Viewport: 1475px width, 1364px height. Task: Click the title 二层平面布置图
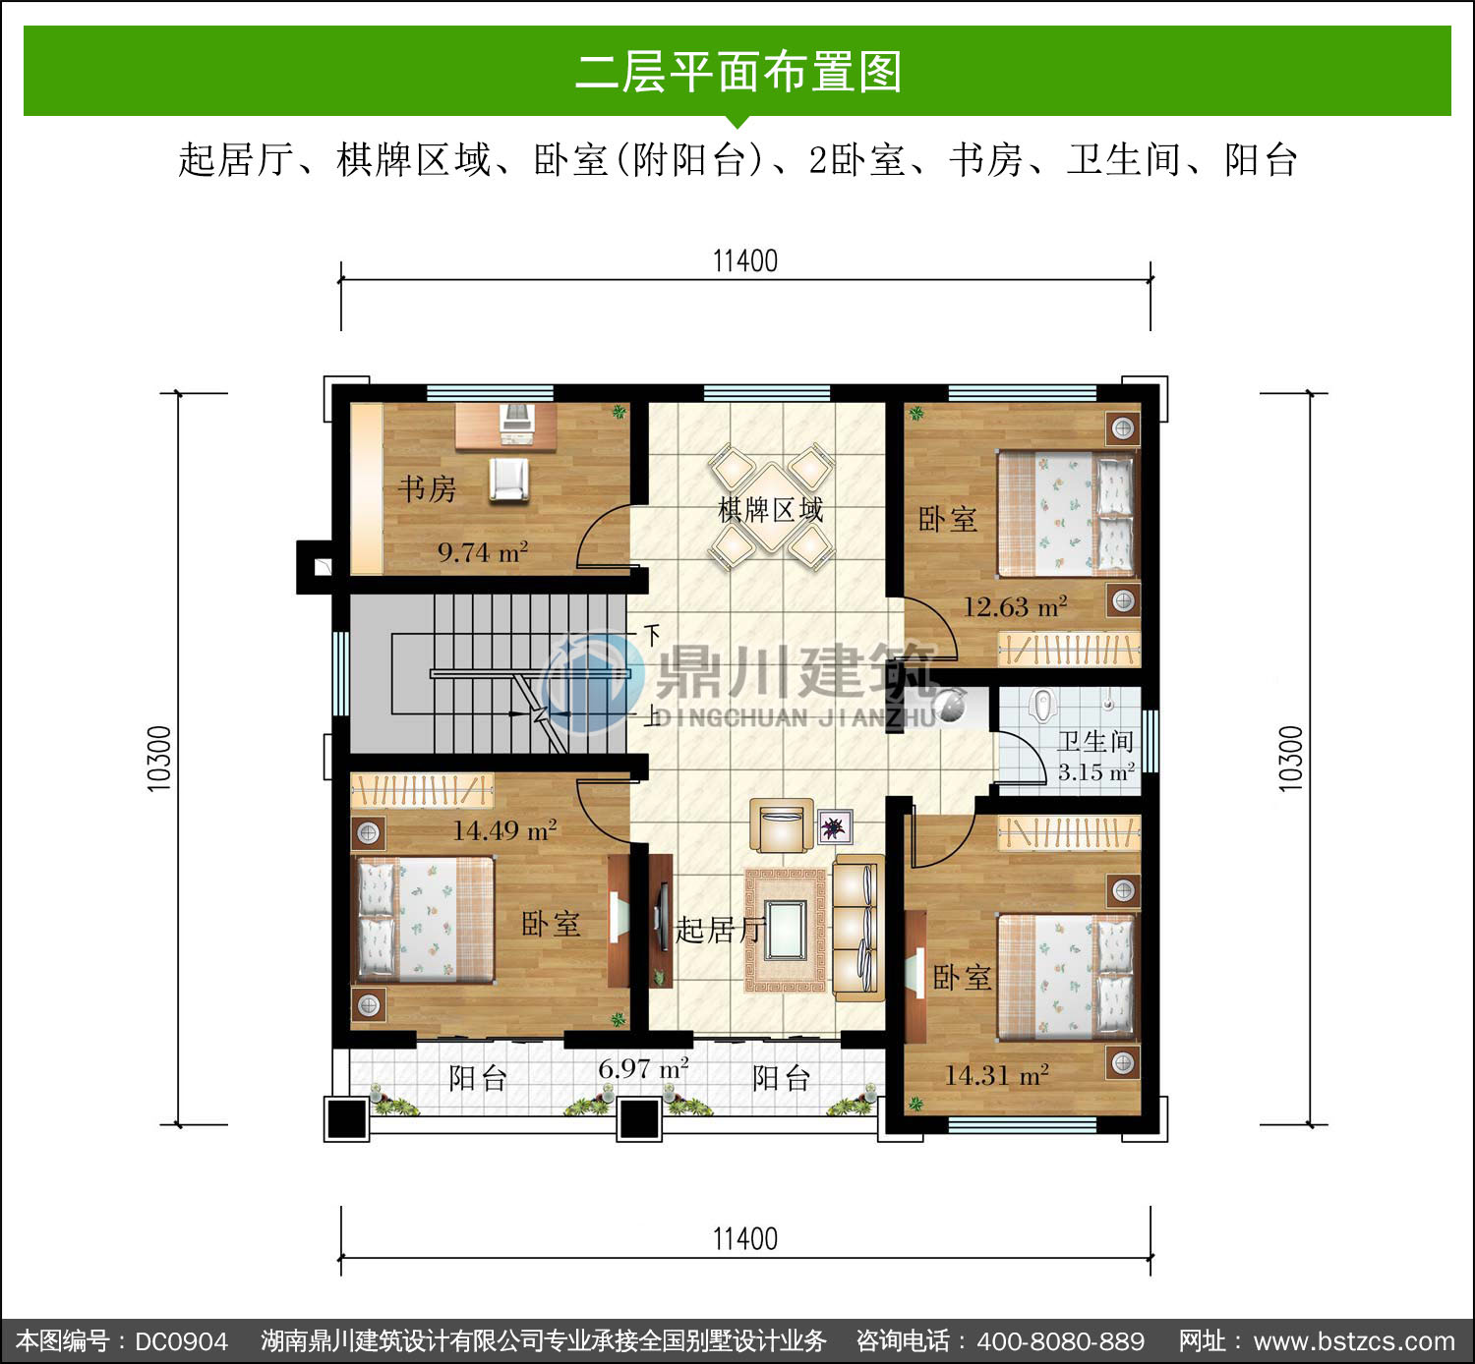738,72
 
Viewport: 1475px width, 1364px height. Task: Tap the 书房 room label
427,488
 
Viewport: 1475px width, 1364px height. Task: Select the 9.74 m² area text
483,552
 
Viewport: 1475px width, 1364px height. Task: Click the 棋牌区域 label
770,510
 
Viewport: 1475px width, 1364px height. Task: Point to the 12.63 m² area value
1015,607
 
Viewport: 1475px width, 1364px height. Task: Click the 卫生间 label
1095,741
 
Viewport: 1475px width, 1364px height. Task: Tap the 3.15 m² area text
1096,772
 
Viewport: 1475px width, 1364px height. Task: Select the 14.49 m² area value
505,830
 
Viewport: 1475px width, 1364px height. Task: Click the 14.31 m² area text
996,1075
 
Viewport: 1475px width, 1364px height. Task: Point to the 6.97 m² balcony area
643,1068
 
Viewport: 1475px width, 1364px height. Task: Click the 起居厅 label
719,930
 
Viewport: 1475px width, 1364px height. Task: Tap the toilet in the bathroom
1043,705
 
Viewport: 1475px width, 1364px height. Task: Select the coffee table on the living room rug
787,930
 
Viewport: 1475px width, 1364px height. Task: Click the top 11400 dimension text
745,261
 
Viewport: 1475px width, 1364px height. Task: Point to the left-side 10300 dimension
159,759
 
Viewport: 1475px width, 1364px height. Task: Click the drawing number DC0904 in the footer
181,1341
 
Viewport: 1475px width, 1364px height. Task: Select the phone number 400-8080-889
1061,1341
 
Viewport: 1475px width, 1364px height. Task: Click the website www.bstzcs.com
1354,1341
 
